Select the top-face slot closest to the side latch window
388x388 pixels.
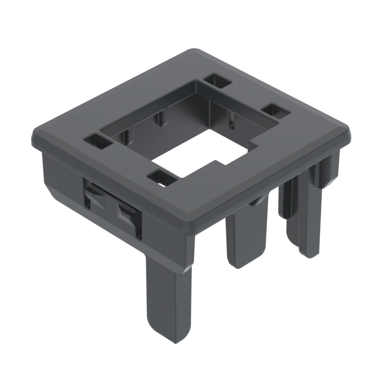97,143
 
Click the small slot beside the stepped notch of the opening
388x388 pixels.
275,111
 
